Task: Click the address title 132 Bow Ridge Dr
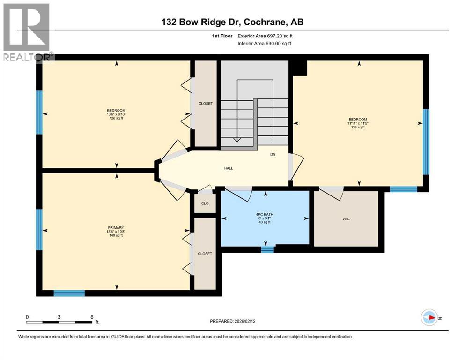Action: [232, 22]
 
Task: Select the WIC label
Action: [346, 219]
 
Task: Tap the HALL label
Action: [229, 168]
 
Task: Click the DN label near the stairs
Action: [273, 154]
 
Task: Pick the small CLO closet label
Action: [205, 203]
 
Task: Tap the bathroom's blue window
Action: [267, 249]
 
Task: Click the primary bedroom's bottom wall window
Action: [69, 293]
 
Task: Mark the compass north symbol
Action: [429, 318]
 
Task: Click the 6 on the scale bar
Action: [92, 317]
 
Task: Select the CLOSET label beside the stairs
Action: [206, 104]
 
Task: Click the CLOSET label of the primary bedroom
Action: [205, 254]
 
